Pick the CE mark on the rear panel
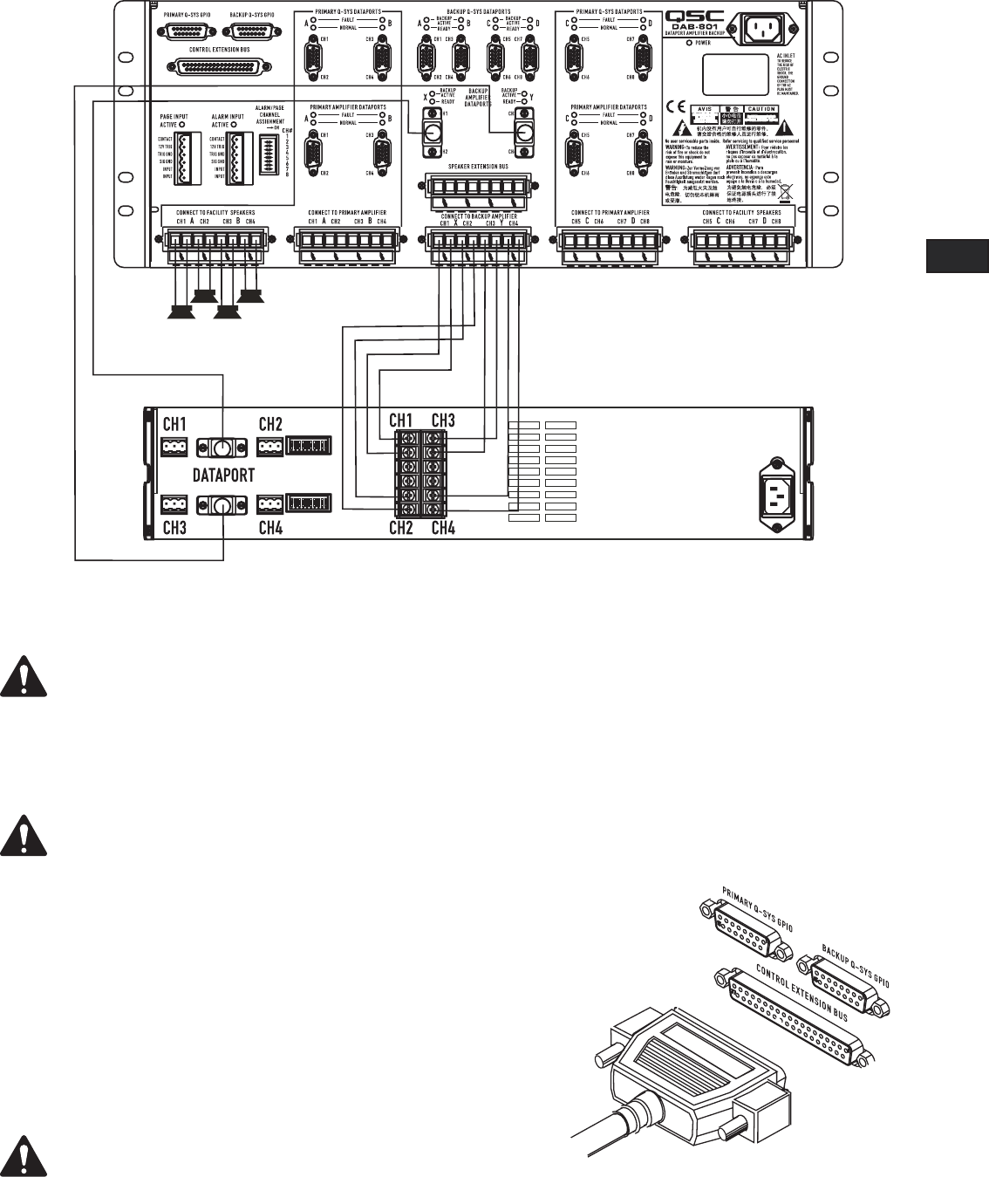[675, 111]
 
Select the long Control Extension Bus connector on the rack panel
[219, 66]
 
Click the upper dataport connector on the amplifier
[222, 448]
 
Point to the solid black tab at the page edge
[957, 258]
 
